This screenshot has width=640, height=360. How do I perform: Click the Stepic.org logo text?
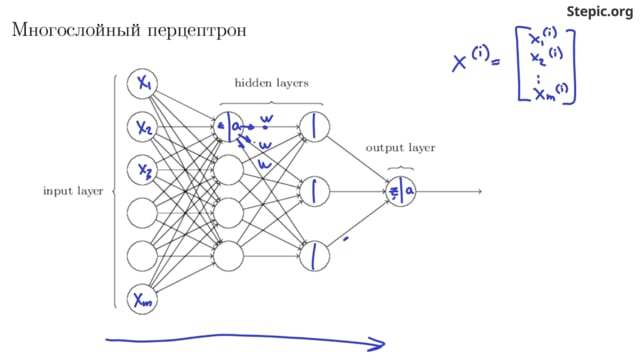600,11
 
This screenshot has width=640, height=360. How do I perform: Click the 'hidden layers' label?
272,84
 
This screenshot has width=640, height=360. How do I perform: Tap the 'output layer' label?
400,147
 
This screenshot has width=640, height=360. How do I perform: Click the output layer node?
400,190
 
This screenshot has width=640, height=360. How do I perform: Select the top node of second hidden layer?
315,126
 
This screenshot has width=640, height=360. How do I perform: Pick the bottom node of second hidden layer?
315,255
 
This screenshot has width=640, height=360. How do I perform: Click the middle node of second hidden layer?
315,190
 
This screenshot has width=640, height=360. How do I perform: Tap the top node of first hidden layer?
230,126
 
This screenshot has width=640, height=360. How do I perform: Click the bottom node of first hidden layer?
230,255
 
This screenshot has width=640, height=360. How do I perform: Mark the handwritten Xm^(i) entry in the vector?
547,93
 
